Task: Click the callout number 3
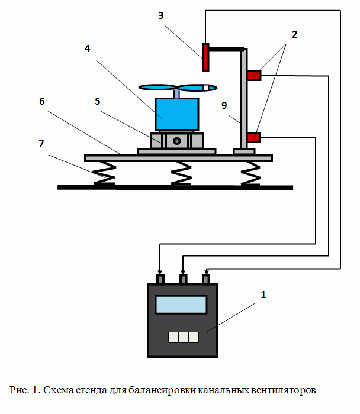160,15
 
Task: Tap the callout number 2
294,34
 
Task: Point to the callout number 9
223,106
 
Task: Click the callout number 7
41,144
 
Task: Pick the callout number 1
263,294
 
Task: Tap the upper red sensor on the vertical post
254,75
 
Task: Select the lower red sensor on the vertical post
253,137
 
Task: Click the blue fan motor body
176,114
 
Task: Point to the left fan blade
157,88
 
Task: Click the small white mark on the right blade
205,88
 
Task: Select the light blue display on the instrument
181,305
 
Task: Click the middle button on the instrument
182,337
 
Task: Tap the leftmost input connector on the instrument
159,279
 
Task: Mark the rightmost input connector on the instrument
206,279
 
